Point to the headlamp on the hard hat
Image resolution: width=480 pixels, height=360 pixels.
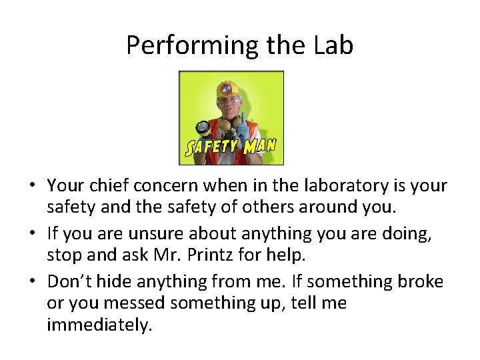coord(227,89)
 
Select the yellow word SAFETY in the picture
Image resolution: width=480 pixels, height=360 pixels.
coord(212,147)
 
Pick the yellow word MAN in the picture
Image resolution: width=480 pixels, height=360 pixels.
coord(260,145)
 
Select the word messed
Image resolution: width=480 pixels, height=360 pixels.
coord(135,303)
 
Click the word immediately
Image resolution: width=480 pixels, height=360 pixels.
coord(100,325)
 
